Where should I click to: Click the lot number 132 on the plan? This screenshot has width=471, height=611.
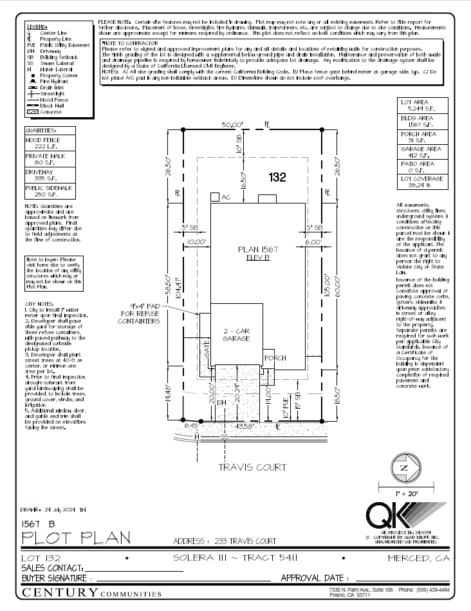coord(277,178)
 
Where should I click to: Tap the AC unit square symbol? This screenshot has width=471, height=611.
coord(214,197)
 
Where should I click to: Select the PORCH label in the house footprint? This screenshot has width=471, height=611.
coord(275,357)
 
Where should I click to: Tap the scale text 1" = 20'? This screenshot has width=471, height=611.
coord(403,493)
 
